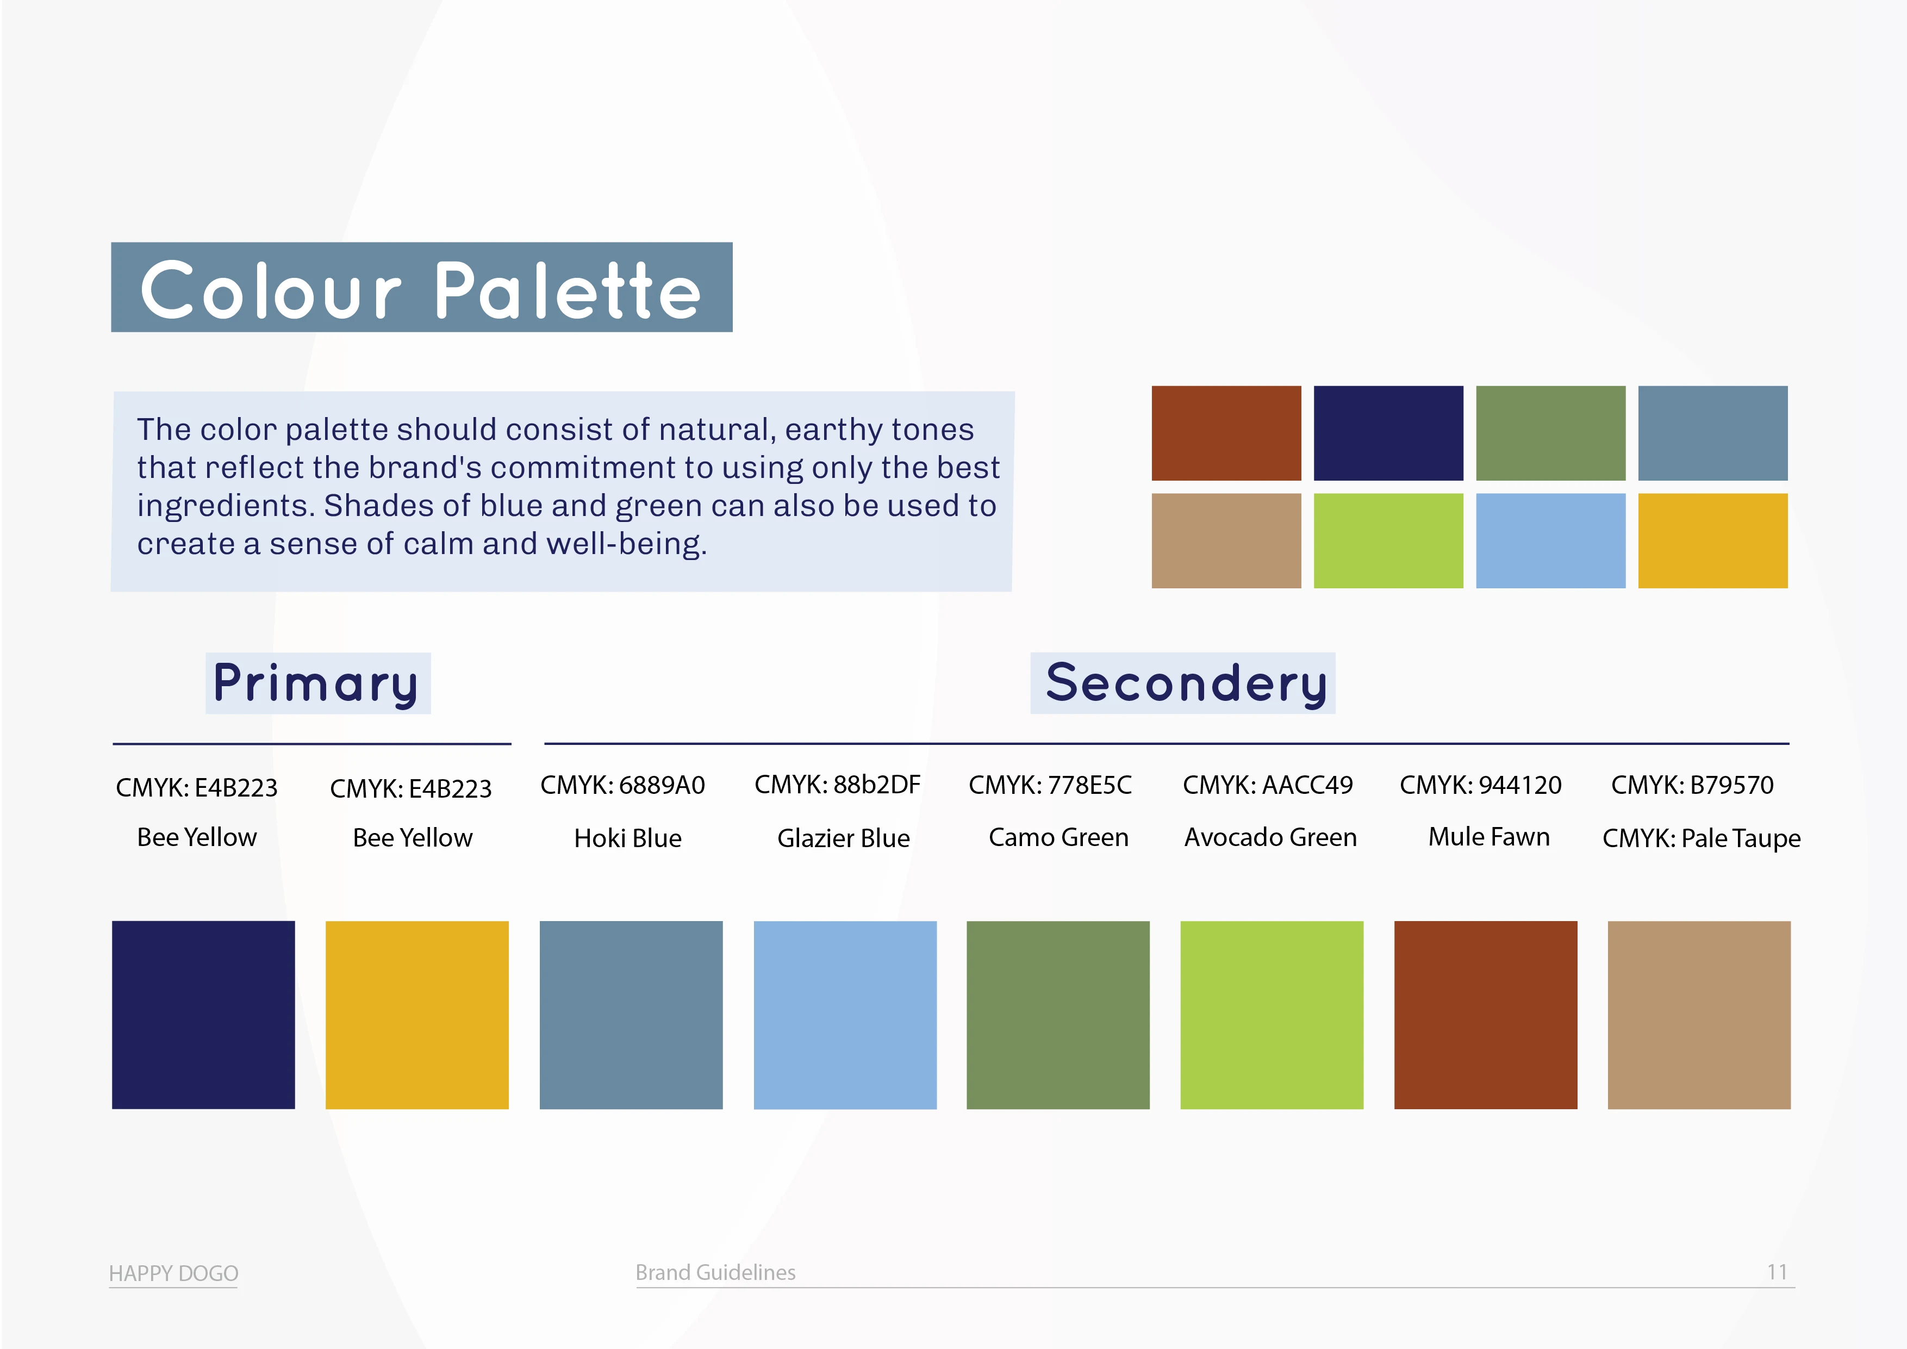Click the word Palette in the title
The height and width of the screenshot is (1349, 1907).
[568, 291]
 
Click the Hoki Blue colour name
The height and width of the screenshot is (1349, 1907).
[628, 838]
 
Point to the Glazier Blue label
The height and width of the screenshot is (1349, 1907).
[843, 838]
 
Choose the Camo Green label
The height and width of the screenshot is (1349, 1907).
[1058, 837]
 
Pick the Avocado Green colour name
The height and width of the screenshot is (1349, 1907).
[1270, 837]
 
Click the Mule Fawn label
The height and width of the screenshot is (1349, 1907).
[1488, 836]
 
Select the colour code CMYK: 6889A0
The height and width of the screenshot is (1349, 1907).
[622, 785]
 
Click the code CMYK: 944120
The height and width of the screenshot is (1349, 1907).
[1480, 785]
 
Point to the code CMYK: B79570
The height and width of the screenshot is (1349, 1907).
[1692, 785]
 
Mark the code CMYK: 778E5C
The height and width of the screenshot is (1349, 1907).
[1050, 785]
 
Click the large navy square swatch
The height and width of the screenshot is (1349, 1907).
[203, 1014]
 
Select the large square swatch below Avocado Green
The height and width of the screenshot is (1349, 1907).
[1272, 1014]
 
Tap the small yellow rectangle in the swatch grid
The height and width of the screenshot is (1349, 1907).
[1712, 541]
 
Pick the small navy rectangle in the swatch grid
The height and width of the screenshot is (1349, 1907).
[1388, 433]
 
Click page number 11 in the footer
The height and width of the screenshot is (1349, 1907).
[1777, 1272]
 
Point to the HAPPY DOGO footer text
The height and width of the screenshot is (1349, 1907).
[173, 1273]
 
